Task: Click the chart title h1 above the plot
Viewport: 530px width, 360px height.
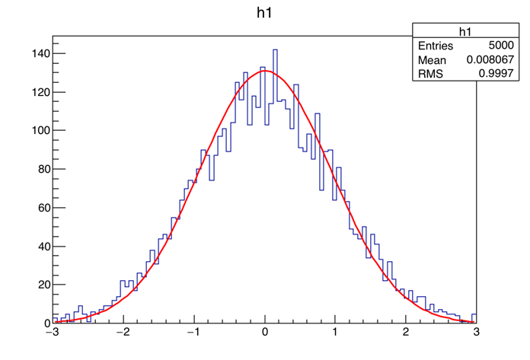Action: (264, 13)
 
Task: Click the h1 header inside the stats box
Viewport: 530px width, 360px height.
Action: (466, 31)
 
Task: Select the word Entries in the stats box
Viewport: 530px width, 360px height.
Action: (436, 46)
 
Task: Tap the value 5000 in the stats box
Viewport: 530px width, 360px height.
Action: (500, 46)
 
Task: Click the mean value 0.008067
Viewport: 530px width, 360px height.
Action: (490, 59)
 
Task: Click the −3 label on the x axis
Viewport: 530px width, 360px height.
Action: (52, 333)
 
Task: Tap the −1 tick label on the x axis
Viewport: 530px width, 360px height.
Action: (193, 333)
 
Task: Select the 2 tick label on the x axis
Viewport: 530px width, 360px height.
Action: (407, 333)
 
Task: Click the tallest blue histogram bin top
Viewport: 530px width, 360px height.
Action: (275, 50)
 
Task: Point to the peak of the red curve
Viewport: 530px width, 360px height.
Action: (264, 71)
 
